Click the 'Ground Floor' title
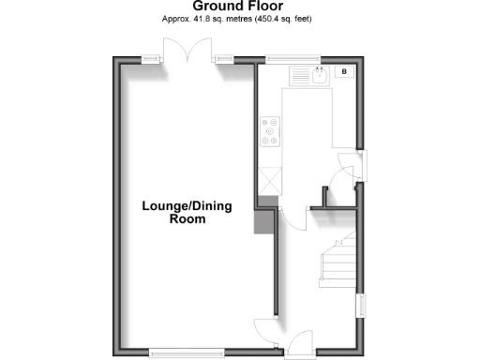(x=240, y=7)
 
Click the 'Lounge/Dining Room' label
(x=187, y=212)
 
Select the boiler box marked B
(x=343, y=72)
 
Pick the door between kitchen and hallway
(x=292, y=217)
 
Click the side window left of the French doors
(x=150, y=59)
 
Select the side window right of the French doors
(x=222, y=59)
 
